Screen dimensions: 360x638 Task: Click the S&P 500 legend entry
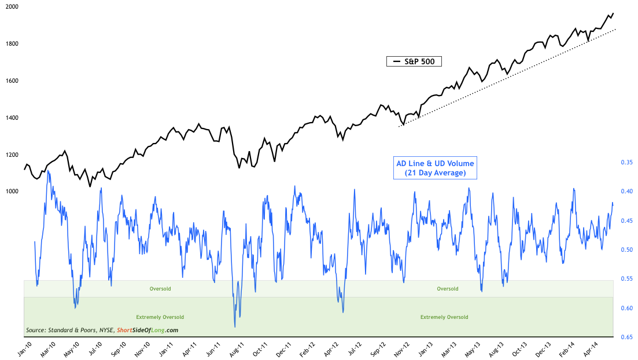pyautogui.click(x=414, y=61)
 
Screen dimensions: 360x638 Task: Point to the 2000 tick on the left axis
pyautogui.click(x=12, y=7)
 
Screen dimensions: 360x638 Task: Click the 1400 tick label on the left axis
pyautogui.click(x=12, y=117)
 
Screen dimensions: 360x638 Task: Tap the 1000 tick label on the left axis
pyautogui.click(x=12, y=192)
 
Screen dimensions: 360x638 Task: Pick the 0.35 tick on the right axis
pyautogui.click(x=626, y=163)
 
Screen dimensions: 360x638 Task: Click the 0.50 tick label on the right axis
pyautogui.click(x=626, y=250)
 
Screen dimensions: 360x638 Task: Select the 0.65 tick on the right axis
pyautogui.click(x=626, y=337)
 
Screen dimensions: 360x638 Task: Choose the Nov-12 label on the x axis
pyautogui.click(x=396, y=349)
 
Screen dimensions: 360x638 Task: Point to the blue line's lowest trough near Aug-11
pyautogui.click(x=235, y=327)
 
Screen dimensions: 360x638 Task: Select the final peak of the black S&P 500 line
pyautogui.click(x=613, y=13)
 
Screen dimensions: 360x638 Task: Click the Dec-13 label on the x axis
pyautogui.click(x=539, y=349)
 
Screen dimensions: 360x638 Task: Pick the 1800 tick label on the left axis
pyautogui.click(x=12, y=44)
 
